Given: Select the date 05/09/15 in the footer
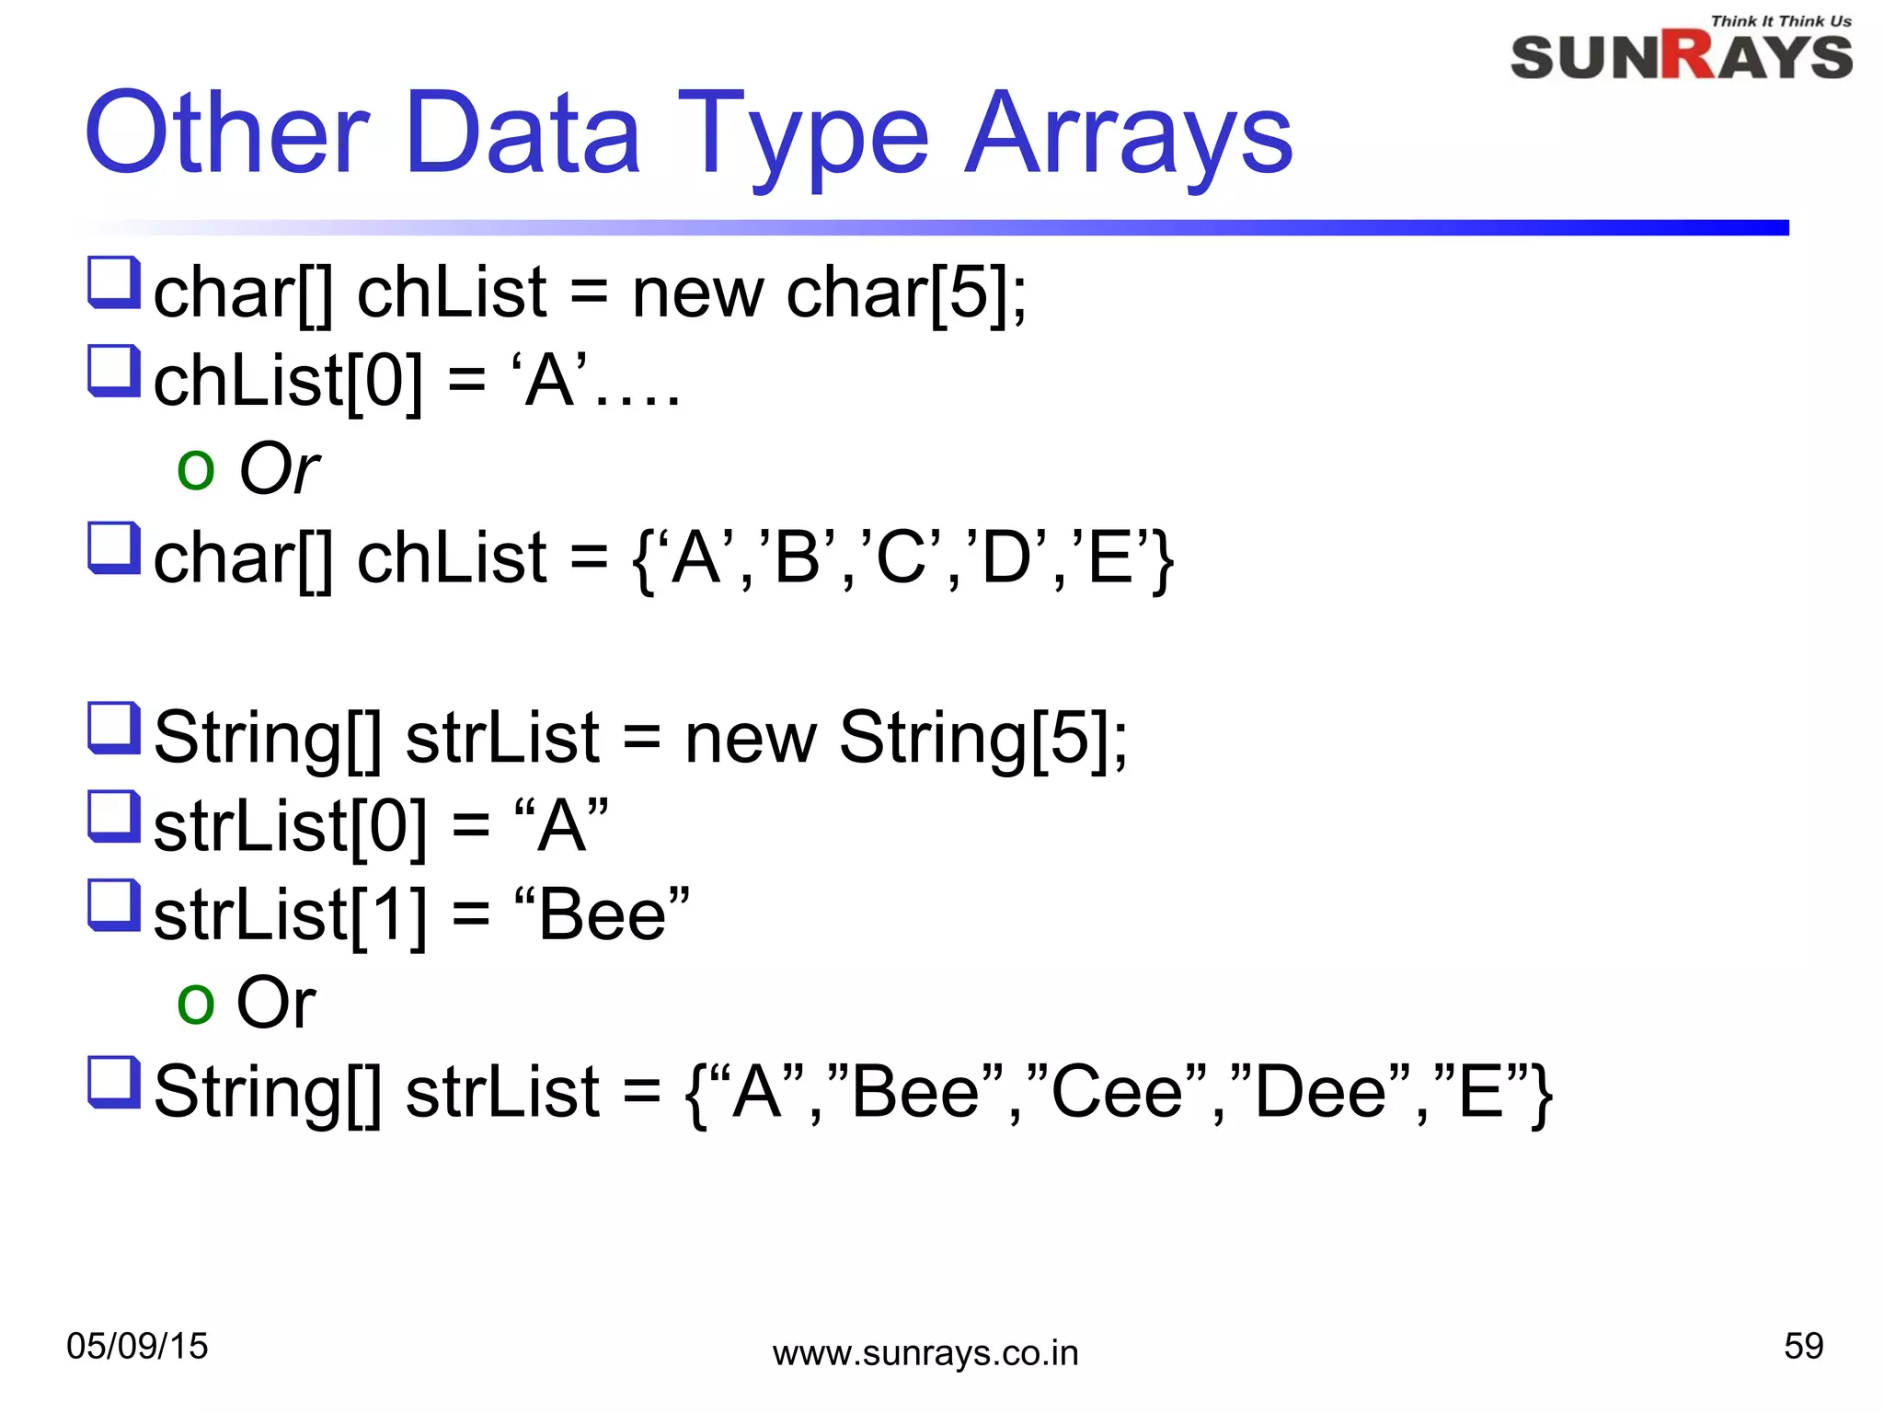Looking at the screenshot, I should [x=137, y=1346].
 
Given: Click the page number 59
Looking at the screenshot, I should [x=1803, y=1346].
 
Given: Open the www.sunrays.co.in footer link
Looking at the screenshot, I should [x=925, y=1353].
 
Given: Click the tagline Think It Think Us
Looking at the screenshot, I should [x=1780, y=21].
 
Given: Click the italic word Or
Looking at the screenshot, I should [x=279, y=468].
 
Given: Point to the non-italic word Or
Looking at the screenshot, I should [x=276, y=1002].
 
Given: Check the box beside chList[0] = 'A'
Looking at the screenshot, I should [x=114, y=370].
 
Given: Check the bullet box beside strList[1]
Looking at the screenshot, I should [x=114, y=904].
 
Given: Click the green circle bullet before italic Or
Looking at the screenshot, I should [x=195, y=470].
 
